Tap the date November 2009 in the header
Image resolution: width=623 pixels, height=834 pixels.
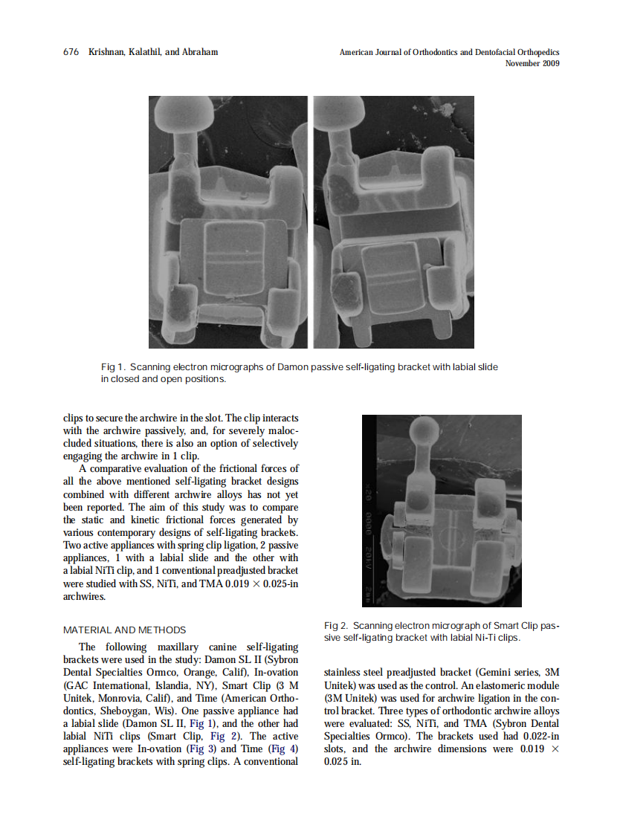532,63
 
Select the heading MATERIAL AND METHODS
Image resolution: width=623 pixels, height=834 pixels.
124,630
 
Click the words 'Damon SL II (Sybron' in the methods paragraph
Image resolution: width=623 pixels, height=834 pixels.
255,659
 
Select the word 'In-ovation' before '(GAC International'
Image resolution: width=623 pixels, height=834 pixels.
275,672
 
